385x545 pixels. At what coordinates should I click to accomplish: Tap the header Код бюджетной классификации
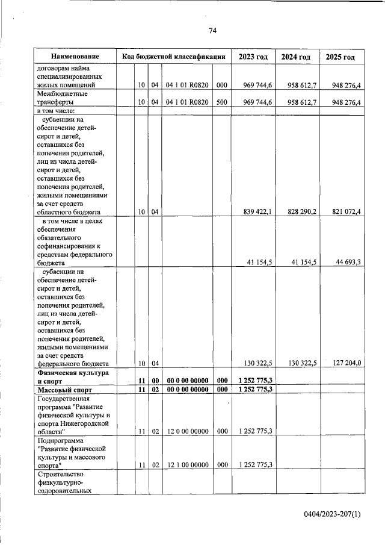tap(174, 57)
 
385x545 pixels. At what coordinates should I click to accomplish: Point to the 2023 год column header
tap(253, 57)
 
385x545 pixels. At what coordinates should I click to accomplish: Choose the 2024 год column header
tap(296, 57)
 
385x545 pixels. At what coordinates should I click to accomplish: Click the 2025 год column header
tap(340, 57)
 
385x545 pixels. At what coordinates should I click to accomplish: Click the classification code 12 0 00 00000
tap(186, 431)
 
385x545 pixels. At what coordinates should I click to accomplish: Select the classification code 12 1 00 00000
tap(186, 465)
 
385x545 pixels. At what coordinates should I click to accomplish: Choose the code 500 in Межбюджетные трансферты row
tap(221, 102)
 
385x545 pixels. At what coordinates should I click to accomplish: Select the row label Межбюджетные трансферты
tap(63, 98)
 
